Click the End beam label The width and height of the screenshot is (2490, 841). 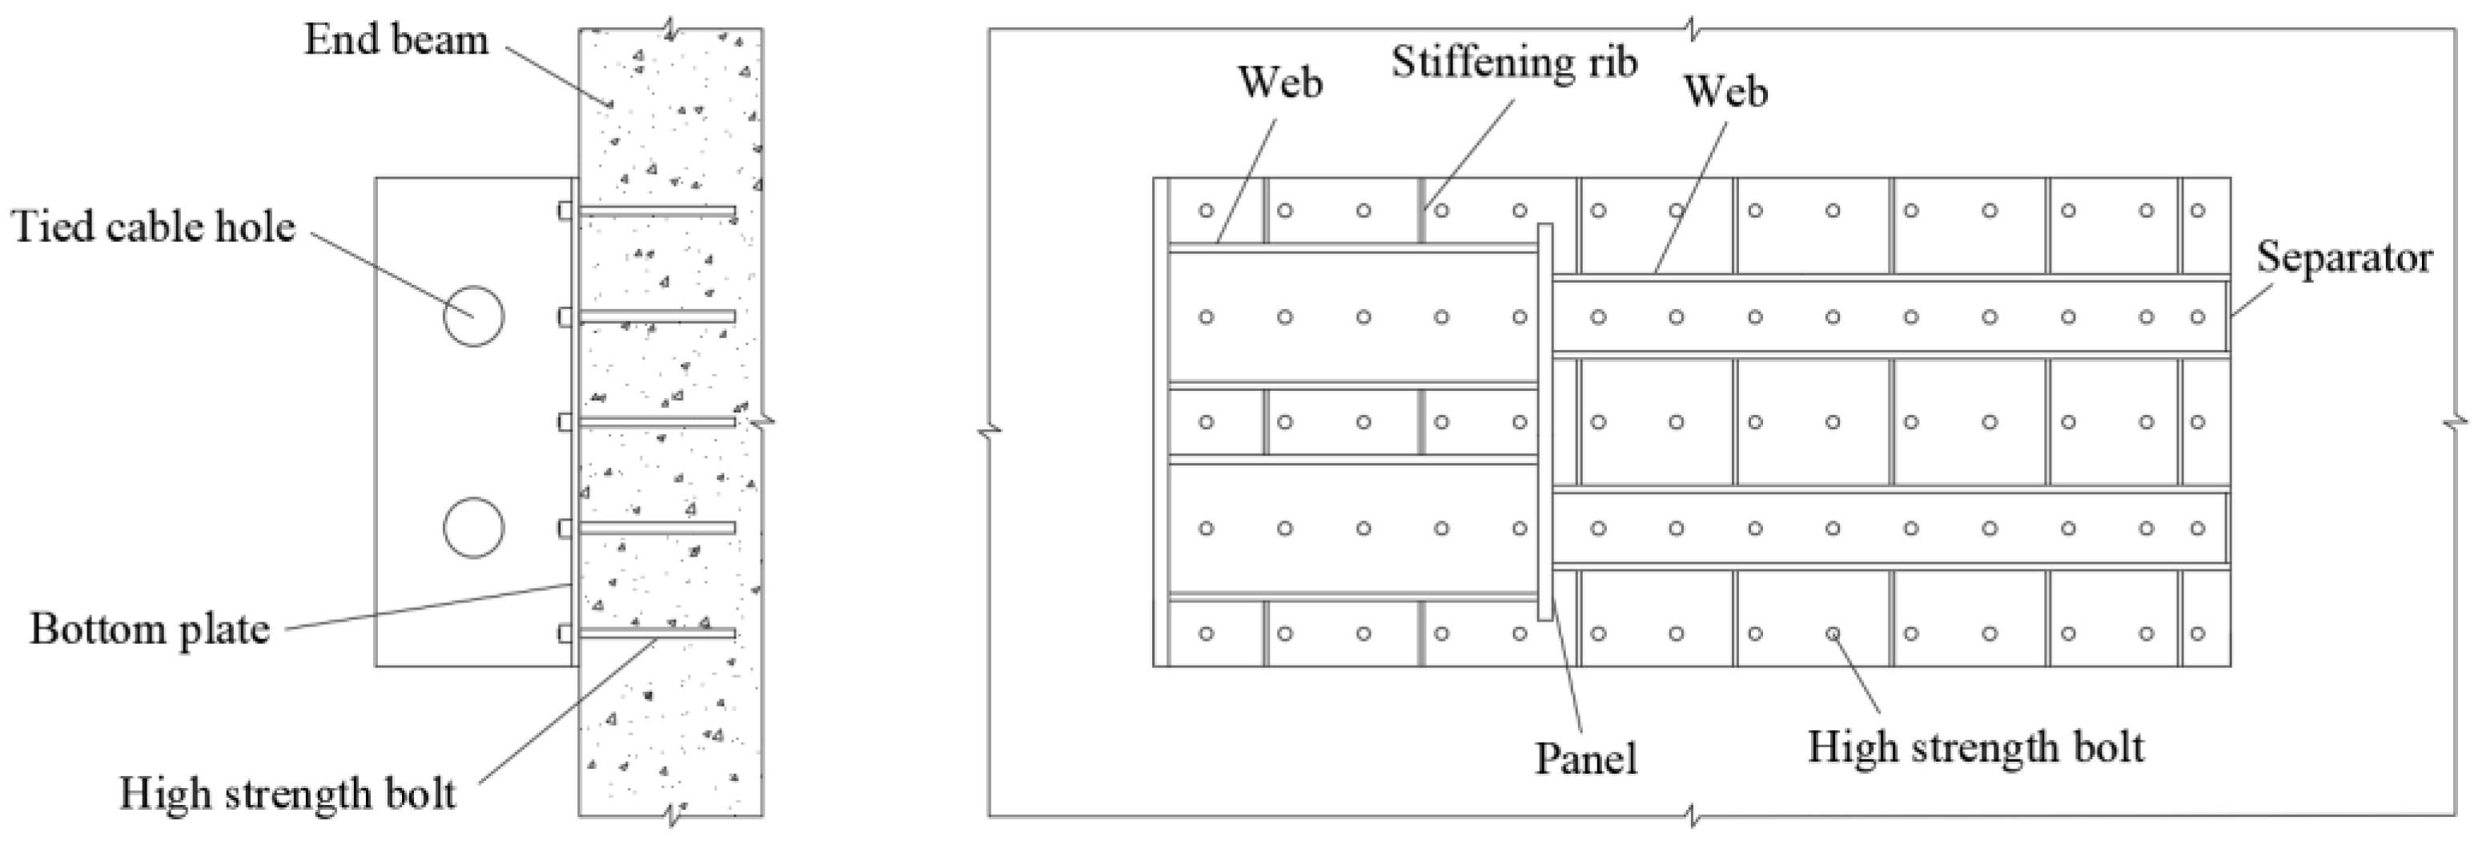396,41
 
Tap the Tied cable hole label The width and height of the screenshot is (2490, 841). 153,227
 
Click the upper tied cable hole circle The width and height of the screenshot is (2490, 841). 474,316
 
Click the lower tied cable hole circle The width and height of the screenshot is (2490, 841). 474,528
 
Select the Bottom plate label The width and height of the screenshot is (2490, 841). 150,630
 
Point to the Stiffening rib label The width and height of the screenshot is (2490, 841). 1515,62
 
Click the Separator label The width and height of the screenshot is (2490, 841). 2344,258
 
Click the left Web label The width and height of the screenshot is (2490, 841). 1281,83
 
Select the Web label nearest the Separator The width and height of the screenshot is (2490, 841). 1725,92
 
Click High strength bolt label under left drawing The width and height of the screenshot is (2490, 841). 287,794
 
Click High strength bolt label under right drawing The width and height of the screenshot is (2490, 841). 1976,747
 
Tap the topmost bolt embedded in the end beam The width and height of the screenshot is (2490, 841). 657,211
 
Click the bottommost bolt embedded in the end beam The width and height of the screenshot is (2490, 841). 657,634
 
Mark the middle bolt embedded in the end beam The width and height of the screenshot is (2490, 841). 657,421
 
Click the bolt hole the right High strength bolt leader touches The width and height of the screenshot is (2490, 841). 1833,634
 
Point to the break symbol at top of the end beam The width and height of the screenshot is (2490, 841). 670,27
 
